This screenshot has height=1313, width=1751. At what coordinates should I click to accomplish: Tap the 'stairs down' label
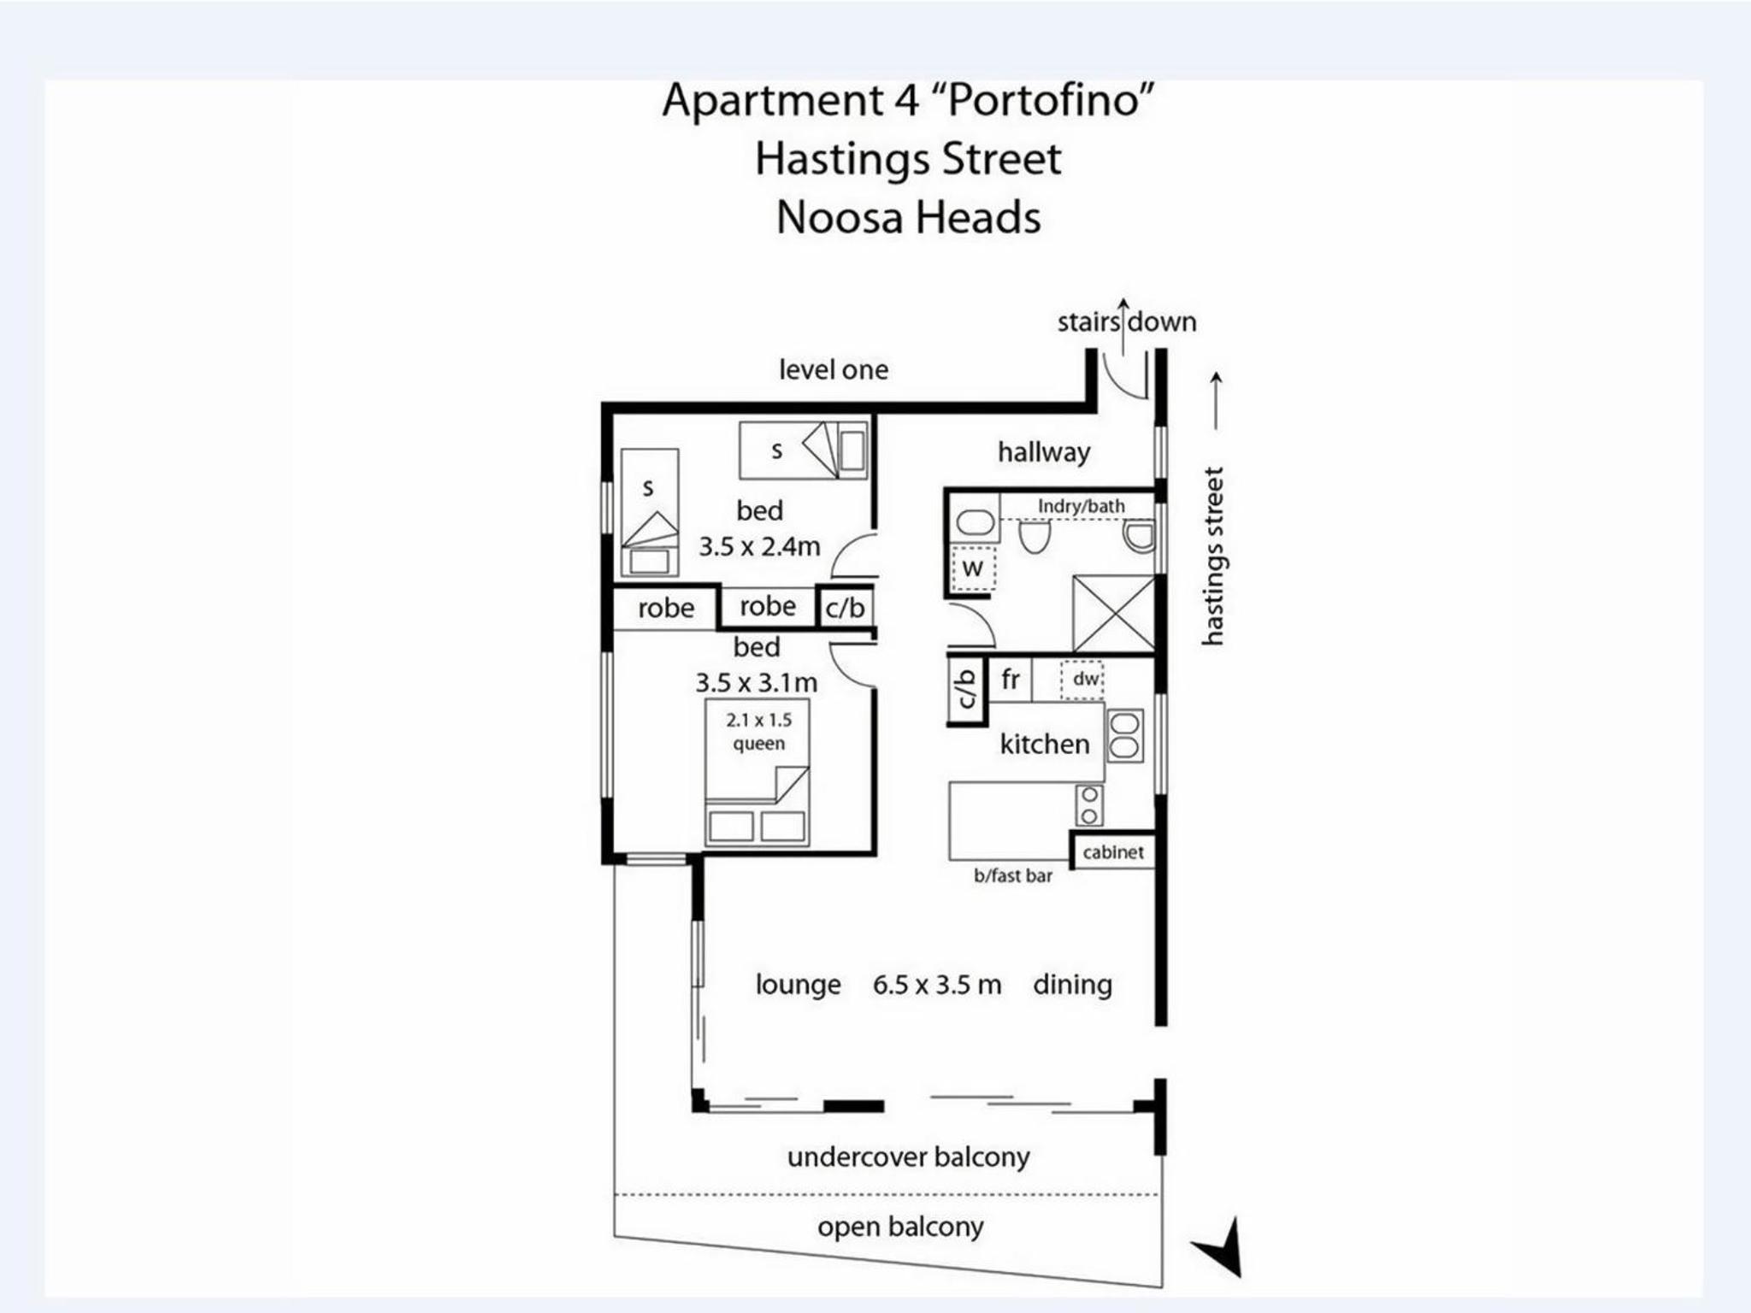click(x=1127, y=322)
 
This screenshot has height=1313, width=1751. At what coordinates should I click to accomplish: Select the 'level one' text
click(x=833, y=369)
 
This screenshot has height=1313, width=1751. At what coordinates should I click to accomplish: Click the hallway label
click(x=1044, y=452)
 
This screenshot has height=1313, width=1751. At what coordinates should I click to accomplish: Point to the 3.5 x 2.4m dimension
click(x=759, y=546)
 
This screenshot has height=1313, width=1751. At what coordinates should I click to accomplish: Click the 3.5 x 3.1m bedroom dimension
click(x=756, y=683)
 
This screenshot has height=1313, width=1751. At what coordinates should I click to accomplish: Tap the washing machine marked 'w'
click(x=973, y=567)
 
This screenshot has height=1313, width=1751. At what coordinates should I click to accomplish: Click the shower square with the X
click(x=1114, y=614)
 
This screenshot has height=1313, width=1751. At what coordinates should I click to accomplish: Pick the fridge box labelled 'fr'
click(x=1010, y=680)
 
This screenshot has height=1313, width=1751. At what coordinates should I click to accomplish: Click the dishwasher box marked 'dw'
click(x=1082, y=680)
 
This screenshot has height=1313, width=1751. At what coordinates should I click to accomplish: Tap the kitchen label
click(x=1045, y=744)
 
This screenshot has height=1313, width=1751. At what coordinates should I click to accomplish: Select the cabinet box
click(x=1113, y=851)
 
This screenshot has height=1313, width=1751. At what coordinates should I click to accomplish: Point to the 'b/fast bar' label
click(x=1013, y=875)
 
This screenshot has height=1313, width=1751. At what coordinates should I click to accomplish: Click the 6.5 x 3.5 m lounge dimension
click(x=936, y=985)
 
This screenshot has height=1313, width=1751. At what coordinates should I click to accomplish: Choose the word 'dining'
click(x=1072, y=985)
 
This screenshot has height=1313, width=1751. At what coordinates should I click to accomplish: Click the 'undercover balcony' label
click(x=908, y=1157)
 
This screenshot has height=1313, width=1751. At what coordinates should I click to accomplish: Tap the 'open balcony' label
click(x=900, y=1228)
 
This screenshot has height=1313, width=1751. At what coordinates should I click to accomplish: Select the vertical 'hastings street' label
click(x=1213, y=556)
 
